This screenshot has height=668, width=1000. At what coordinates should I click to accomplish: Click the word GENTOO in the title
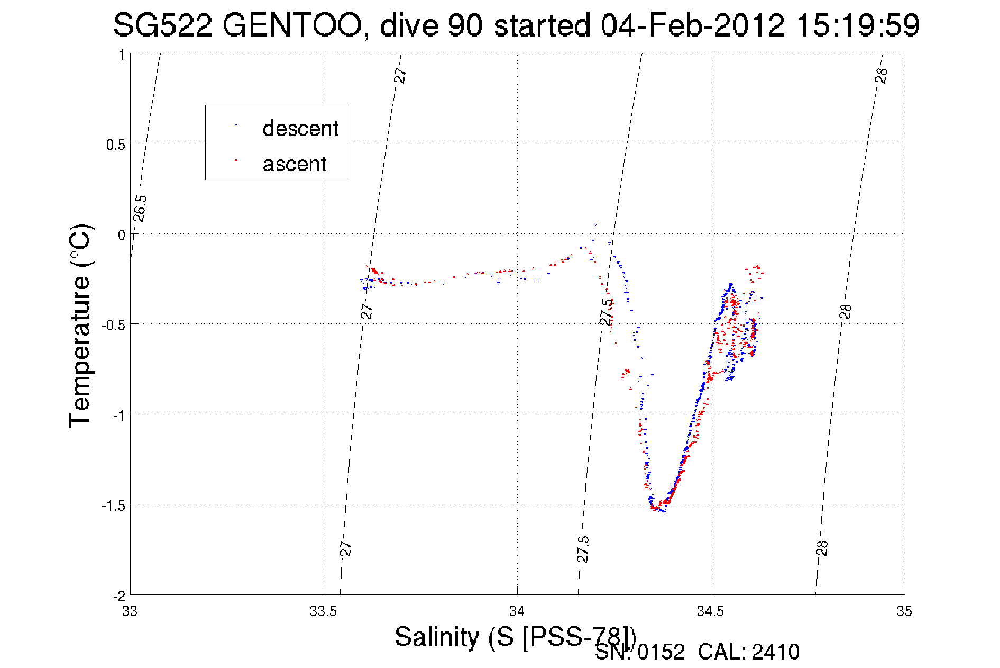[292, 25]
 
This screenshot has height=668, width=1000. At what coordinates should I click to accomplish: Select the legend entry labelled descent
[300, 129]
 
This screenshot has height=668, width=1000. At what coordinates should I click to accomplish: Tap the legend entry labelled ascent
[295, 164]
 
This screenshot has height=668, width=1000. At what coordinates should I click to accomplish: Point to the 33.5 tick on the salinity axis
[323, 611]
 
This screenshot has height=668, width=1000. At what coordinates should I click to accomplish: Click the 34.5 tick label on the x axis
[710, 611]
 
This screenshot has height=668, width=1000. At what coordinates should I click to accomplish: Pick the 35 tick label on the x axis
[904, 611]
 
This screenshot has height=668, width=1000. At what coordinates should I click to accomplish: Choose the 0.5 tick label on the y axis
[116, 145]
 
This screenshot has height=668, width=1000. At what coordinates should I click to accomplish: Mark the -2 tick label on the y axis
[119, 596]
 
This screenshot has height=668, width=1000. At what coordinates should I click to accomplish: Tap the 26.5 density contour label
[140, 209]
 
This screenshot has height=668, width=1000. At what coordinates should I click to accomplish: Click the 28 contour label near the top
[881, 76]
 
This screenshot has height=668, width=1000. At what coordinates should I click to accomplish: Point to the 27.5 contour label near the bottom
[583, 549]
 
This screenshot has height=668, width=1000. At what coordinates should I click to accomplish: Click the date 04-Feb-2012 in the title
[693, 25]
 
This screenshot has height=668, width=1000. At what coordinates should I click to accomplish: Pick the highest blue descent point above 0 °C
[595, 225]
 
